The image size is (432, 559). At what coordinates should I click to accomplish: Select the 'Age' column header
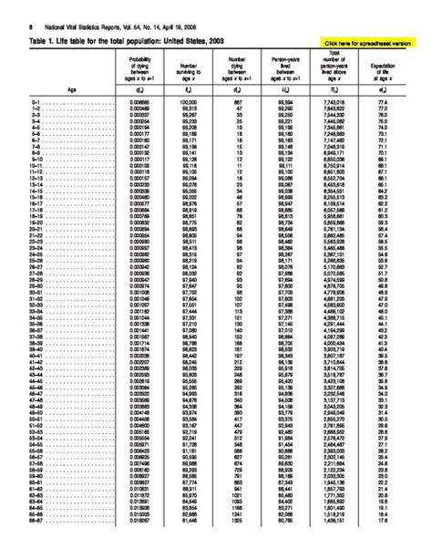(x=72, y=115)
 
